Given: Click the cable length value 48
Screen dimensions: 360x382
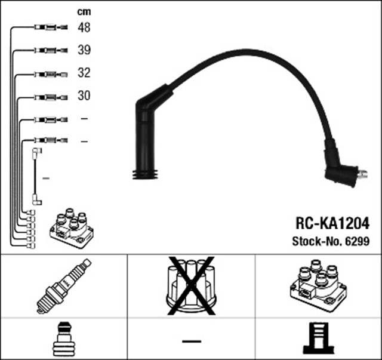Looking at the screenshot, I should point(84,27).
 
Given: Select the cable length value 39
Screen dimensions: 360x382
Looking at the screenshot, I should point(84,50).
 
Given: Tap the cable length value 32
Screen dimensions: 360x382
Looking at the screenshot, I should point(84,73).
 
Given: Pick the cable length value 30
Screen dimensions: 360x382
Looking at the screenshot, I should point(84,96).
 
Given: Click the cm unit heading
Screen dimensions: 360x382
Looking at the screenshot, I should point(84,11).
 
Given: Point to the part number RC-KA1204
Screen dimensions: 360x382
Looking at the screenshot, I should point(332,223).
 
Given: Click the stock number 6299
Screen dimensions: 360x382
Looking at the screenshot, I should point(357,242).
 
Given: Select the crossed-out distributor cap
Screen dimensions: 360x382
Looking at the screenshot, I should point(191,285).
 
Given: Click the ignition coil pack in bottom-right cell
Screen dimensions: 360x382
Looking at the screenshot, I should point(318,285).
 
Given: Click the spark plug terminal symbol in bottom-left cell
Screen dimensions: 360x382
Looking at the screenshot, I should point(63,339).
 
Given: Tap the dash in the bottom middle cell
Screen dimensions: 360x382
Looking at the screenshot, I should point(191,341).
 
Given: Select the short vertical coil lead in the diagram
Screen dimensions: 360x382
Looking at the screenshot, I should point(36,177).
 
